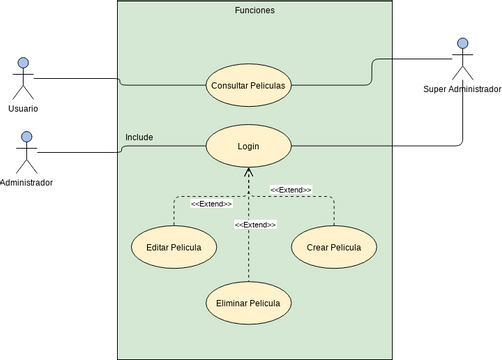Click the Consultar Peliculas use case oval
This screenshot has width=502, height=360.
248,85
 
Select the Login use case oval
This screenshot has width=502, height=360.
248,146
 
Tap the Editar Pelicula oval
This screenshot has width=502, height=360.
174,247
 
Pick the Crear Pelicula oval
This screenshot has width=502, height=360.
334,247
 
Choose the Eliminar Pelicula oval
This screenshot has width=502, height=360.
248,302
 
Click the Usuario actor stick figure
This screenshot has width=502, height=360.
23,79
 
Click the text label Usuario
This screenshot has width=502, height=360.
23,108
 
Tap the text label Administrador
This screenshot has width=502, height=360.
27,183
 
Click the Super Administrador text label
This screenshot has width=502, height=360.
461,89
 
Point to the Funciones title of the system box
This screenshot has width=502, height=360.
254,10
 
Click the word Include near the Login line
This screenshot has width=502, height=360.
139,137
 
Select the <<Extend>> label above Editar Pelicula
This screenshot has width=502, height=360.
211,203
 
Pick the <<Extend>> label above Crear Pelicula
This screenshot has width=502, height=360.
290,189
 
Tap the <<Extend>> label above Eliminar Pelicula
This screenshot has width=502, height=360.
255,225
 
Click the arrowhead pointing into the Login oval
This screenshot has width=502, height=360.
248,173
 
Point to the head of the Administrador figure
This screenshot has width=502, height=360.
27,138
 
